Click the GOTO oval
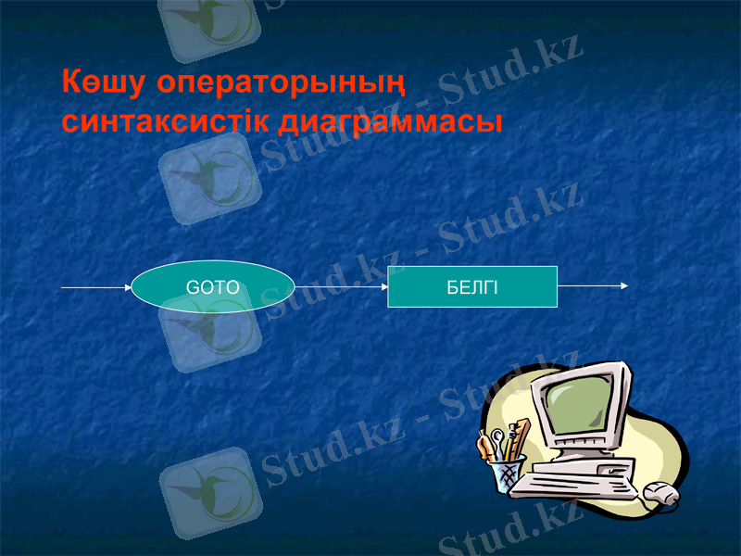213,287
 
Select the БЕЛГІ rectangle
471,287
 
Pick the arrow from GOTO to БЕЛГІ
341,287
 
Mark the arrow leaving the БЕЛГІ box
593,285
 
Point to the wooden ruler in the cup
521,436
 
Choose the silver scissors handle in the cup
497,437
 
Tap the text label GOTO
213,287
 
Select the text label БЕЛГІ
471,287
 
